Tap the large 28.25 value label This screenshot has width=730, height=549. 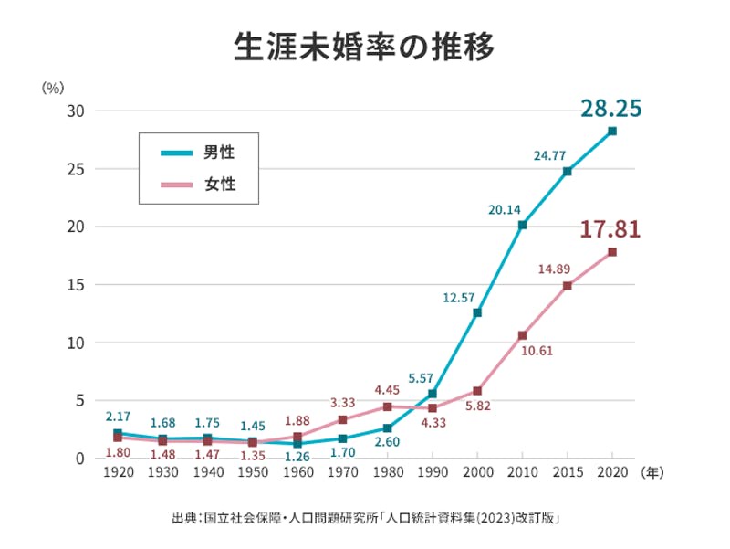610,109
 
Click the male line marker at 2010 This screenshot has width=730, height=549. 522,225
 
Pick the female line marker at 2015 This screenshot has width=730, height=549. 567,286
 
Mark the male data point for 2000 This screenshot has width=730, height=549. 477,312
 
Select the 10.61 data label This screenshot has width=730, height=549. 536,350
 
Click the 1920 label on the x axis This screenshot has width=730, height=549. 119,473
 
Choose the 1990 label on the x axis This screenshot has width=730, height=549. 433,473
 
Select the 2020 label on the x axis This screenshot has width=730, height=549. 611,473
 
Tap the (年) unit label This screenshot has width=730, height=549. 653,473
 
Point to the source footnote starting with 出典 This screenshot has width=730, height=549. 365,518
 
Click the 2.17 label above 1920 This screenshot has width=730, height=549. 119,417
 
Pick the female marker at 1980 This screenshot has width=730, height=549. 388,406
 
